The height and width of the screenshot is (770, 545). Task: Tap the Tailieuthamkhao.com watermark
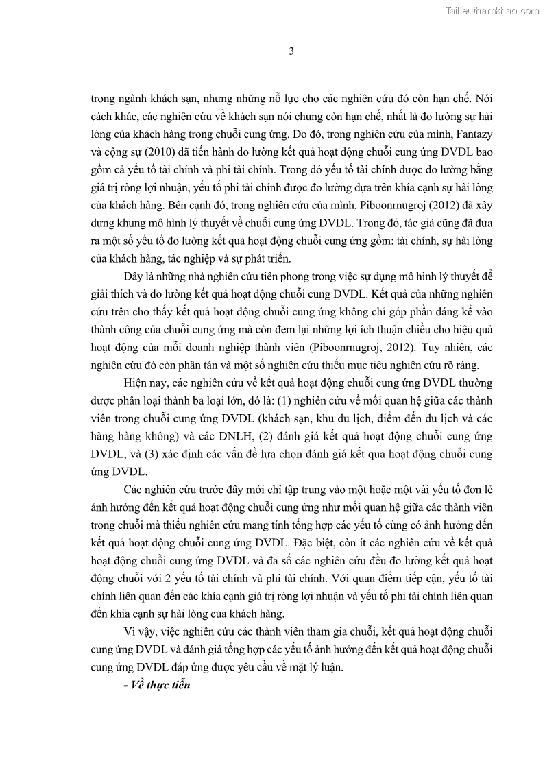(x=492, y=10)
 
